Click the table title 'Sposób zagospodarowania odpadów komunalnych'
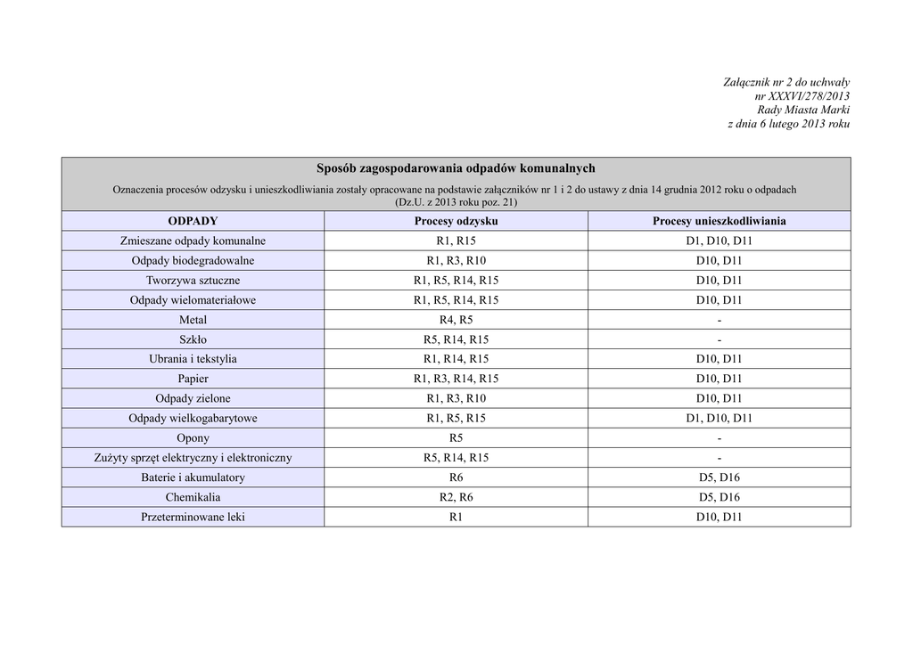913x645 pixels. click(456, 168)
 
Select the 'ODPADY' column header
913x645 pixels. click(193, 221)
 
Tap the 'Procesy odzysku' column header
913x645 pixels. click(456, 221)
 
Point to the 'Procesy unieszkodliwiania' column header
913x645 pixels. click(719, 221)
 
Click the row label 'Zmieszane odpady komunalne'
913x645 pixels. click(193, 241)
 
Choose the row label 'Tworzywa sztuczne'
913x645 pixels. click(193, 281)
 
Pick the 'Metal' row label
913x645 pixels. click(193, 320)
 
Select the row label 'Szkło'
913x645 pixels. click(193, 339)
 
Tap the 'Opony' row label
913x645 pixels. click(193, 438)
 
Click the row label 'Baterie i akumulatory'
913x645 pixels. click(193, 478)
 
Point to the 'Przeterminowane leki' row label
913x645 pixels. click(193, 517)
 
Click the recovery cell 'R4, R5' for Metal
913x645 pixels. click(456, 320)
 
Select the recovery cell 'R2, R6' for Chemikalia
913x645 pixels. click(456, 497)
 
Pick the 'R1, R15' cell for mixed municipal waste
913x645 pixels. click(456, 241)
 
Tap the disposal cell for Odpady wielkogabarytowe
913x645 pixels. click(719, 418)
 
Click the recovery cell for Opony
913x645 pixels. click(456, 438)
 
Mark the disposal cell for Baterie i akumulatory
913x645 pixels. click(719, 478)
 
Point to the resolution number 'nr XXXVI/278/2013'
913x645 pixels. click(802, 95)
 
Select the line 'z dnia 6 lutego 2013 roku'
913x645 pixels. click(788, 124)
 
